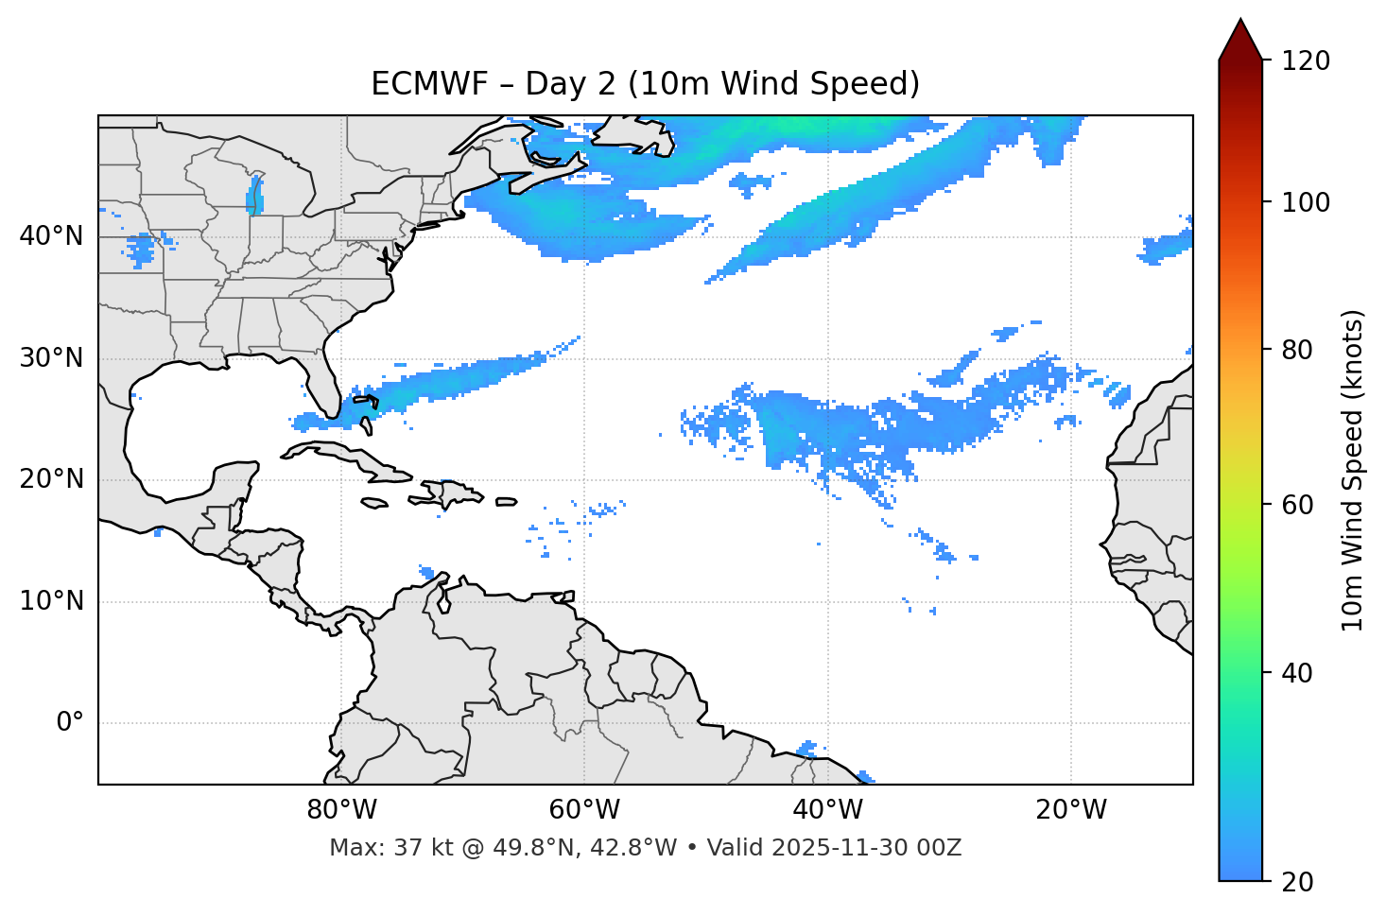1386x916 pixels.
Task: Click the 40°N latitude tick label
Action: coord(51,235)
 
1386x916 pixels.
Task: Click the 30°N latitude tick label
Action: coord(51,358)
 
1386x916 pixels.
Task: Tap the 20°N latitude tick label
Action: coord(51,479)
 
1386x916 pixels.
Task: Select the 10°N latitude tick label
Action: coord(51,601)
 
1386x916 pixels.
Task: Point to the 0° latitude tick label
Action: coord(70,723)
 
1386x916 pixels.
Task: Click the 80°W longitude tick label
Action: coord(341,810)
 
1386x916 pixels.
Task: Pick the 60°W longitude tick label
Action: coord(584,810)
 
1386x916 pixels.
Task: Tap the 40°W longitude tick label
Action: coord(827,810)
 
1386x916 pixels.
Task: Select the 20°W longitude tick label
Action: coord(1070,810)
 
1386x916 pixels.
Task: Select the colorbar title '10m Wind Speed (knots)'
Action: coord(1353,470)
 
